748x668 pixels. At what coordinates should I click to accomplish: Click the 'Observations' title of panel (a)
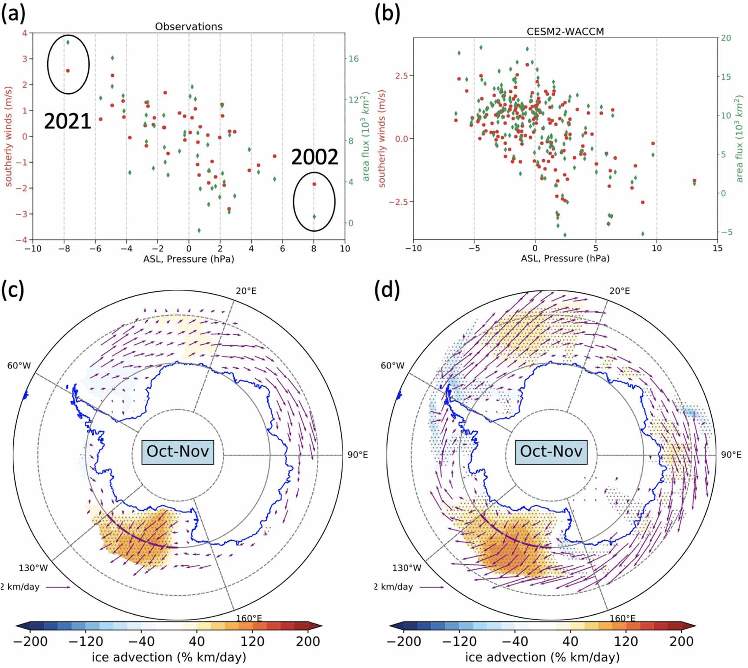coord(189,26)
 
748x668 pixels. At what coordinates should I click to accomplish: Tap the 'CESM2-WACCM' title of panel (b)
coord(565,31)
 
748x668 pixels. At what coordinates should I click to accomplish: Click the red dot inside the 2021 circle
coord(68,71)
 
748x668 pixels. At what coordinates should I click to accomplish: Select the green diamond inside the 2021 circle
coord(68,42)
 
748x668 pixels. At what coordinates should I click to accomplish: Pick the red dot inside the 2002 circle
coord(314,184)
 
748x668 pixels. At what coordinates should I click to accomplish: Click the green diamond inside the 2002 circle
coord(314,216)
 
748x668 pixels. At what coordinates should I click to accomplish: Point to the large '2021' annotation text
coord(68,121)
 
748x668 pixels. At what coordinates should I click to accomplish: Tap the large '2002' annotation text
coord(314,157)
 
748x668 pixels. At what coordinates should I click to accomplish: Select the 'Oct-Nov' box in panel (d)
coord(551,452)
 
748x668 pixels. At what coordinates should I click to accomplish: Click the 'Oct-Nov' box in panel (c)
coord(178,452)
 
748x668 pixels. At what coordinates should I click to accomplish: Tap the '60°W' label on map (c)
coord(19,366)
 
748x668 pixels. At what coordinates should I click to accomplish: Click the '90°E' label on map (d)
coord(731,455)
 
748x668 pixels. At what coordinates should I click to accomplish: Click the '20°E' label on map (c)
coord(246,291)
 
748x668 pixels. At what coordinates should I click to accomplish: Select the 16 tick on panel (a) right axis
coord(353,59)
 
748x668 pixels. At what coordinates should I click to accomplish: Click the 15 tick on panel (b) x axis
coord(717,248)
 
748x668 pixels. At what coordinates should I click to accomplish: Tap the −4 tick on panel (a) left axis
coord(24,240)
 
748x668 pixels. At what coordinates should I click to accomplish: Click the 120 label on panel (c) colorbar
coord(252,642)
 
